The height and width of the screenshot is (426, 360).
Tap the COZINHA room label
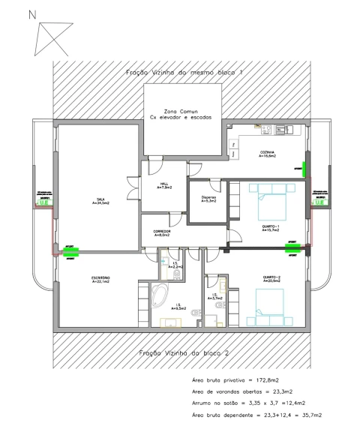click(x=268, y=154)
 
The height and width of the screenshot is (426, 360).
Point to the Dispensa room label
click(x=208, y=199)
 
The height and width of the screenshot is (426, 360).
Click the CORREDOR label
click(x=162, y=233)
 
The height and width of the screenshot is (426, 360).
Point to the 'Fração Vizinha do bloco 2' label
click(x=182, y=352)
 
